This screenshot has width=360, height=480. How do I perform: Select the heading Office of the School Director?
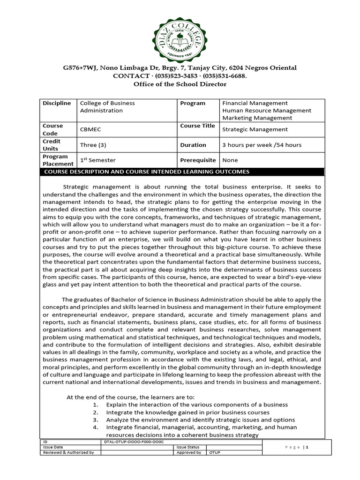pos(180,84)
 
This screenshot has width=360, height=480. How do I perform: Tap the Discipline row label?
pos(57,103)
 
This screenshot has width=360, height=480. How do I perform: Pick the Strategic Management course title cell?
pos(255,129)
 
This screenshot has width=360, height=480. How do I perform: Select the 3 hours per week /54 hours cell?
pos(262,145)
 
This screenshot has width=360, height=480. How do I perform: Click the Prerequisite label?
pos(198,160)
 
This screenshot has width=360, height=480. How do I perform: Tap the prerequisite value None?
pos(230,160)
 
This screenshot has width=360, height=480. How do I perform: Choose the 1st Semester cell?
pos(98,160)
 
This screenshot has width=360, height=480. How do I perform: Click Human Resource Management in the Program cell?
pos(266,111)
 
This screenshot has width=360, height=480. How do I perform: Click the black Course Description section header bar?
pos(180,172)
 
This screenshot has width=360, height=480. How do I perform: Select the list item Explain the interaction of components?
pos(197,405)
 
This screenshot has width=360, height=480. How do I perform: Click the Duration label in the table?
pos(193,145)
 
